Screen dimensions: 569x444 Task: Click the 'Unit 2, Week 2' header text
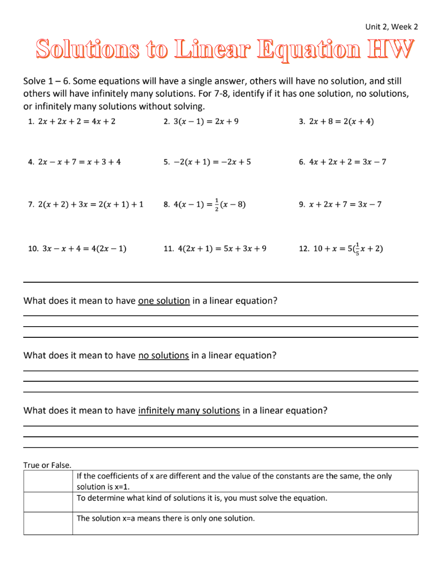391,27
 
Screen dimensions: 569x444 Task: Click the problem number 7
31,204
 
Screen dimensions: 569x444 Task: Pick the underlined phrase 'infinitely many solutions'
189,411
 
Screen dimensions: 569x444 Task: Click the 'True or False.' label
47,465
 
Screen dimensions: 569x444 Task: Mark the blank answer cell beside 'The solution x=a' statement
48,523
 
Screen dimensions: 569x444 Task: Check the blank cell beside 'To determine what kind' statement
48,502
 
